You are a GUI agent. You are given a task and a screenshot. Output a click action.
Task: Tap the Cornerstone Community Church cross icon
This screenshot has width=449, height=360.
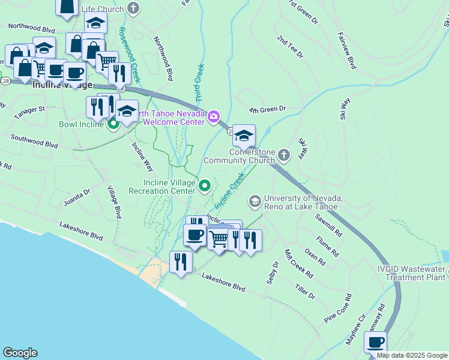click(285, 156)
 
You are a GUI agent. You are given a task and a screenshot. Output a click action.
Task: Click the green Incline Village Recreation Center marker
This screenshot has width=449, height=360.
click(205, 186)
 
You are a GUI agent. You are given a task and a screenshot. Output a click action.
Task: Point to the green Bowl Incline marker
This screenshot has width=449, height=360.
click(113, 124)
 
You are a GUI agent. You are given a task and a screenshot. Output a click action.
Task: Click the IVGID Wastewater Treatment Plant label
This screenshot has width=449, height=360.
click(412, 273)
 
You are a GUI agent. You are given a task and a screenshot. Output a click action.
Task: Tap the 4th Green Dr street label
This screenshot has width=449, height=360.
click(268, 109)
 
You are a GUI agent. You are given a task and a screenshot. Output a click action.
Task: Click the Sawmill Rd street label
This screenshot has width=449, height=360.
click(331, 224)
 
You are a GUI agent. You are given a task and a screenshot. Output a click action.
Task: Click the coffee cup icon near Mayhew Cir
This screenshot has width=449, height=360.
click(375, 343)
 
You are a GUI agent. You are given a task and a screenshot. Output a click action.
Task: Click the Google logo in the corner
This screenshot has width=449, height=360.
click(20, 353)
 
